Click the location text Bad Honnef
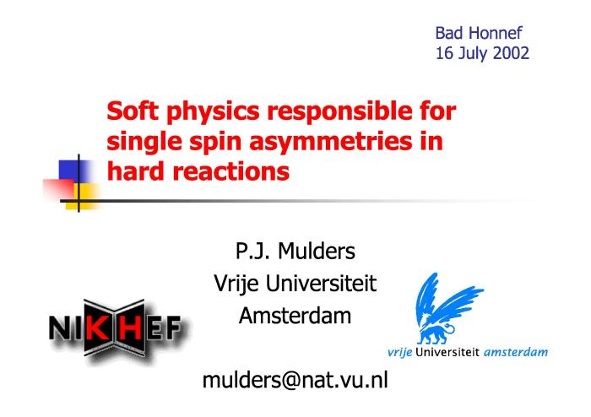pyautogui.click(x=479, y=33)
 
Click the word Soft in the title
pyautogui.click(x=133, y=111)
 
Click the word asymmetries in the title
pyautogui.click(x=331, y=143)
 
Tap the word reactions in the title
pyautogui.click(x=230, y=171)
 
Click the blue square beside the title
pyautogui.click(x=74, y=171)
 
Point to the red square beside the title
pyautogui.click(x=59, y=190)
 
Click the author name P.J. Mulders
pyautogui.click(x=295, y=251)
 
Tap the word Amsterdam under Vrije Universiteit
pyautogui.click(x=295, y=316)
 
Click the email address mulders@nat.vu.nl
pyautogui.click(x=295, y=380)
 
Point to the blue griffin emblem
pyautogui.click(x=445, y=308)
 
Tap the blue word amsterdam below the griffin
pyautogui.click(x=515, y=353)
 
